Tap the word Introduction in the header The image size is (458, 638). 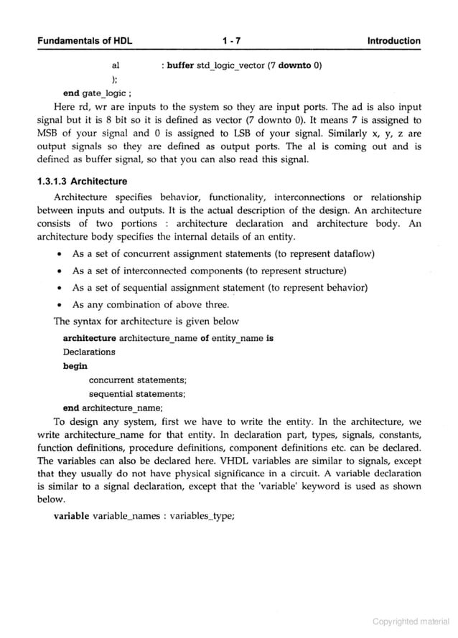pyautogui.click(x=393, y=41)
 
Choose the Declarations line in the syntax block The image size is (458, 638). pyautogui.click(x=89, y=352)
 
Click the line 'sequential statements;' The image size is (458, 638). pyautogui.click(x=137, y=393)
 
